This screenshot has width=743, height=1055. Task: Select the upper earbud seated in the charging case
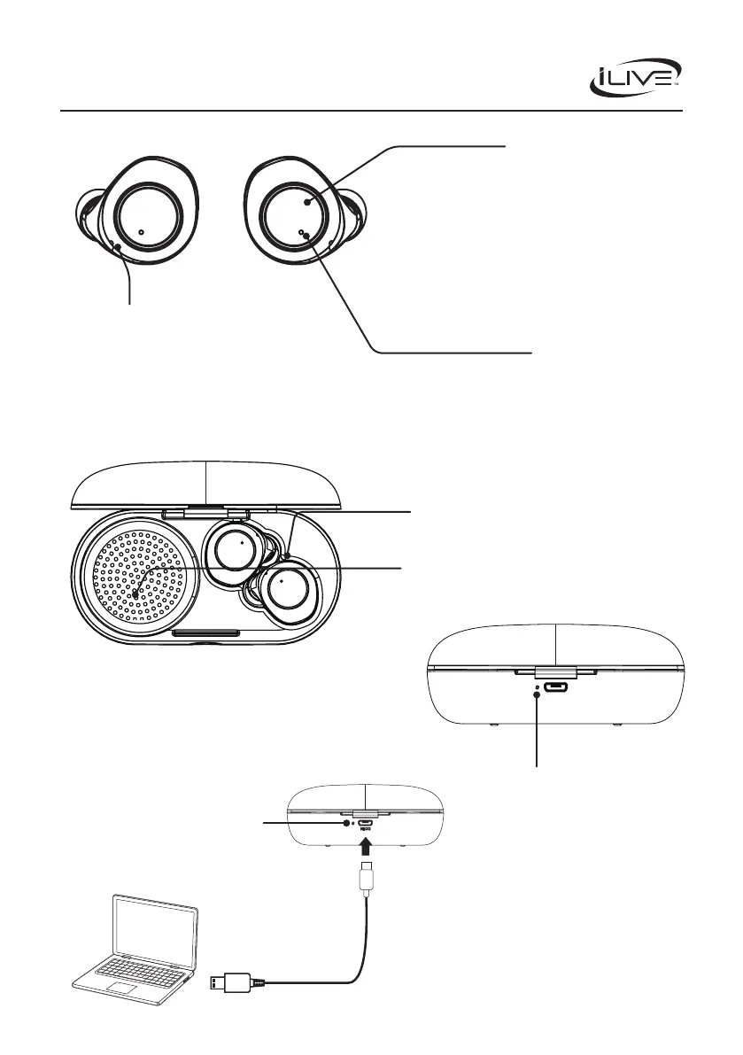(236, 553)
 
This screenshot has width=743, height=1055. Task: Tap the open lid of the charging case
(205, 483)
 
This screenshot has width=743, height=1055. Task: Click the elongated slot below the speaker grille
(206, 633)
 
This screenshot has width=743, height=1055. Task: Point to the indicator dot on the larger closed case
(538, 689)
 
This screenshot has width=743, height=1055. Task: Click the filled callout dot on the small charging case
(346, 823)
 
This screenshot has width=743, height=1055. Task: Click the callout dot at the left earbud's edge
(118, 247)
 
